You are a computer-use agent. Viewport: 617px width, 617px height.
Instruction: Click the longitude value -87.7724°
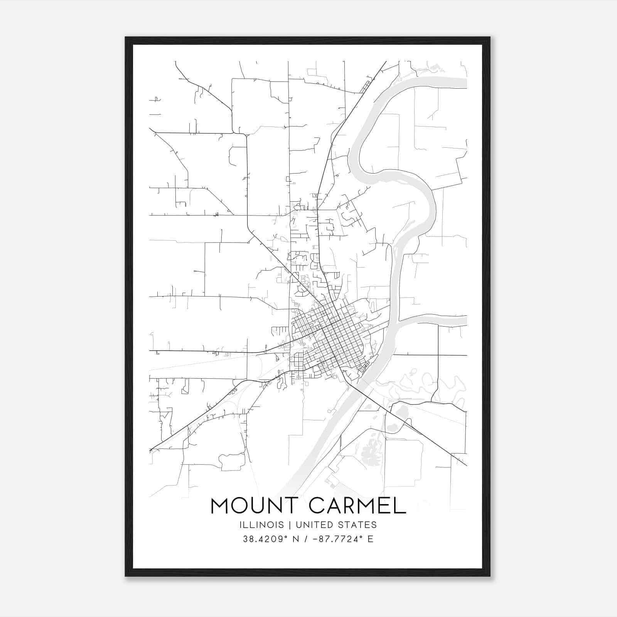[337, 539]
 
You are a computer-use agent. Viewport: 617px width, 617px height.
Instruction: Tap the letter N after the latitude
[296, 539]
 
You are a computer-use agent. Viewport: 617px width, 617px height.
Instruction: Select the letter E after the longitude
[370, 539]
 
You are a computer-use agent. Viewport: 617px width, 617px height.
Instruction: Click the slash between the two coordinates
[306, 539]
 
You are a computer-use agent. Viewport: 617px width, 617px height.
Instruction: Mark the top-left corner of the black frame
[126, 37]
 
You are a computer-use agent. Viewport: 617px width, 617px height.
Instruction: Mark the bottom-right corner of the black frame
[489, 576]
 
